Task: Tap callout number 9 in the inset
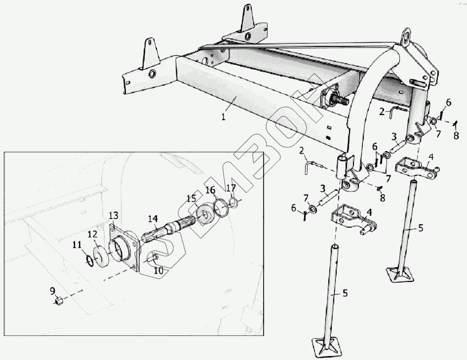click(x=52, y=290)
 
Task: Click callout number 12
click(x=92, y=233)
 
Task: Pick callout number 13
click(x=114, y=215)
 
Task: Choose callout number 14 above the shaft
click(x=153, y=218)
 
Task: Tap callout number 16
click(x=210, y=190)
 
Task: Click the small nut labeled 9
click(x=57, y=300)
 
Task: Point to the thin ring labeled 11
click(x=90, y=260)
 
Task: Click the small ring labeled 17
click(x=234, y=201)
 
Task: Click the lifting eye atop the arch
click(x=407, y=36)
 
